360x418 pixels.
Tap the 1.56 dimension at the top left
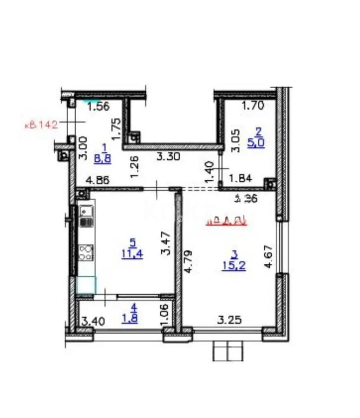coord(98,106)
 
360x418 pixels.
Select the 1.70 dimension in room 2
coord(254,105)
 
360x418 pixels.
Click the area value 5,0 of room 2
coord(256,143)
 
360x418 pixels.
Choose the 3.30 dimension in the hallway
coord(167,157)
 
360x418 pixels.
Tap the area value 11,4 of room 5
coord(133,254)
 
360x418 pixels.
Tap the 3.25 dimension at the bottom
coord(229,320)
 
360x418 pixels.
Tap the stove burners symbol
coord(86,252)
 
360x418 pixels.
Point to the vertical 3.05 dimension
coord(236,141)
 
